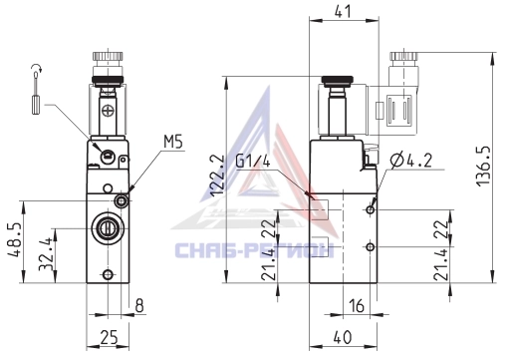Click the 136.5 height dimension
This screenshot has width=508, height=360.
[x=482, y=166]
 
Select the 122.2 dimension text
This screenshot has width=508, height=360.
[x=218, y=176]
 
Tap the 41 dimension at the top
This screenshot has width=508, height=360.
[x=343, y=11]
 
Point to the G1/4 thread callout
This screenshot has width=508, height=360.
[x=253, y=162]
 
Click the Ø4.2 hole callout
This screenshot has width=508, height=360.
[x=411, y=161]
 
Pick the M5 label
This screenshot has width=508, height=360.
[x=173, y=142]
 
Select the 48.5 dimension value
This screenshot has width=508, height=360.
[x=14, y=240]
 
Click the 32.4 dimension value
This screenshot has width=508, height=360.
[x=46, y=254]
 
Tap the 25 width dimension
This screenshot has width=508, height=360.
[x=109, y=338]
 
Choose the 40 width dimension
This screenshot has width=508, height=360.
[x=342, y=337]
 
